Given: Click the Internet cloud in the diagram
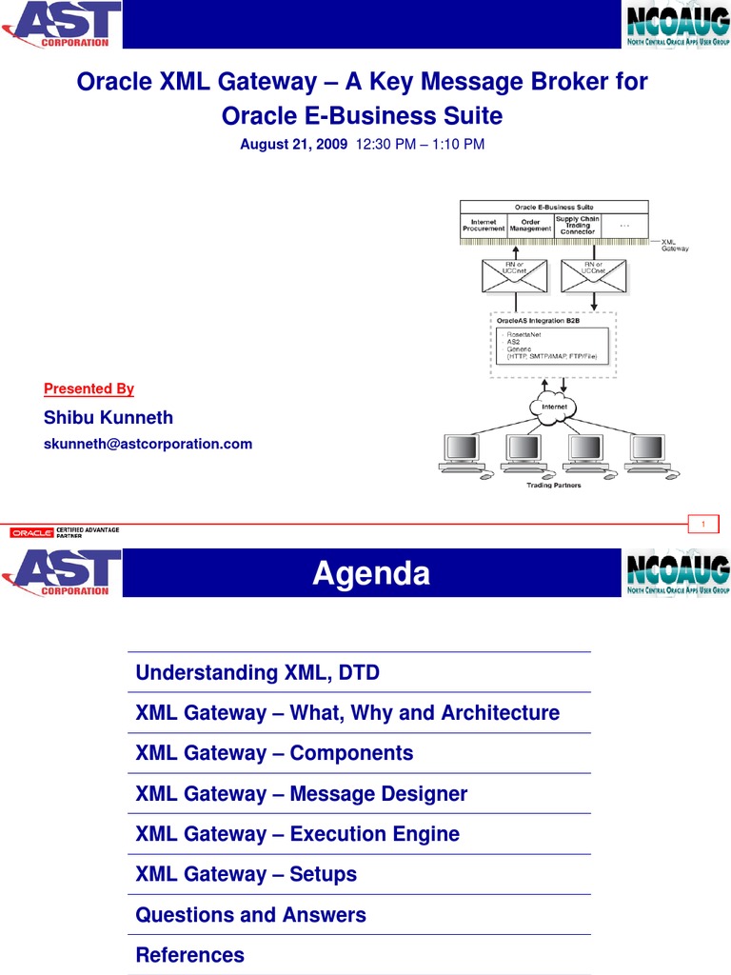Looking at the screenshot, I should coord(554,407).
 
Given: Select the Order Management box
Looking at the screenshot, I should coord(530,226).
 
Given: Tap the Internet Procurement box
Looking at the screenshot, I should coord(484,226).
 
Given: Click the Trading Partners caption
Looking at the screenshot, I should coord(554,485).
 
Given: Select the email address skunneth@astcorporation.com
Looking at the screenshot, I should coord(148,444).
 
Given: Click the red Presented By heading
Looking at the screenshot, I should coord(89,388).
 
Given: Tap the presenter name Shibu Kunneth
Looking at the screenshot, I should coord(109,418).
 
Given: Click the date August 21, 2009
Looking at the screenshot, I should coord(293,145).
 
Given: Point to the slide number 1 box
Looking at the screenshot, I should coord(703,525).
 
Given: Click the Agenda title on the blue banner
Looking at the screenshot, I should coord(371,573).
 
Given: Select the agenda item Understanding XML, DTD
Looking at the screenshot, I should coord(258,673).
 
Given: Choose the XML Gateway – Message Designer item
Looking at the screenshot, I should coord(302,794).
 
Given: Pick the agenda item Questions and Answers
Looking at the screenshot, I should coord(251,915).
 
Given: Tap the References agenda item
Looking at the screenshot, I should coord(190,955).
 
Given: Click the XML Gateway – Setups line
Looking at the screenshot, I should coord(247,874).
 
